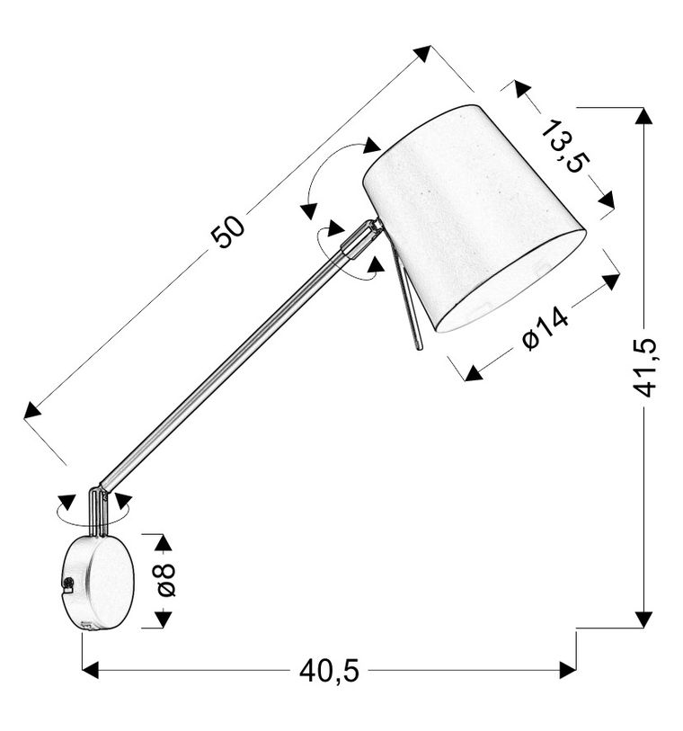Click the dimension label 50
(x=228, y=232)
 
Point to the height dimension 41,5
(x=644, y=367)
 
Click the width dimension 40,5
(x=328, y=670)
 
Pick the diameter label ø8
(x=164, y=580)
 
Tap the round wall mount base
(x=99, y=582)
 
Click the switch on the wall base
(x=68, y=585)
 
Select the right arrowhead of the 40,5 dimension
(x=567, y=670)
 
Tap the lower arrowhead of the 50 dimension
(x=32, y=410)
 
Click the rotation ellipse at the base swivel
(x=93, y=510)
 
